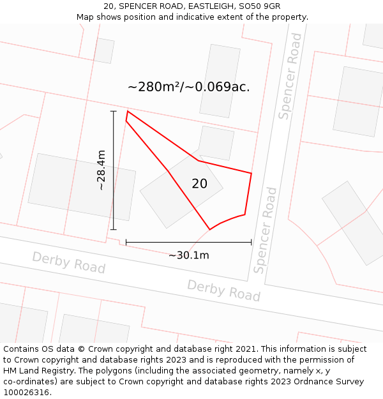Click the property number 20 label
point(199,184)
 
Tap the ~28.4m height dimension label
point(101,170)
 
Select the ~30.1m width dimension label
point(188,255)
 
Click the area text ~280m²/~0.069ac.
point(188,87)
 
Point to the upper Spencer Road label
point(290,77)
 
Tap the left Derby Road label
point(68,262)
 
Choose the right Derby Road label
point(223,290)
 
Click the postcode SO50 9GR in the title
point(259,6)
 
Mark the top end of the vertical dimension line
point(114,111)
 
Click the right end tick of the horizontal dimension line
point(252,243)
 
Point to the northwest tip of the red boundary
point(127,112)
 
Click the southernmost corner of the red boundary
point(209,229)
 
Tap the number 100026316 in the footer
point(26,393)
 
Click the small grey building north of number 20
point(216,143)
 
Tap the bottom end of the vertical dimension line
point(114,230)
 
